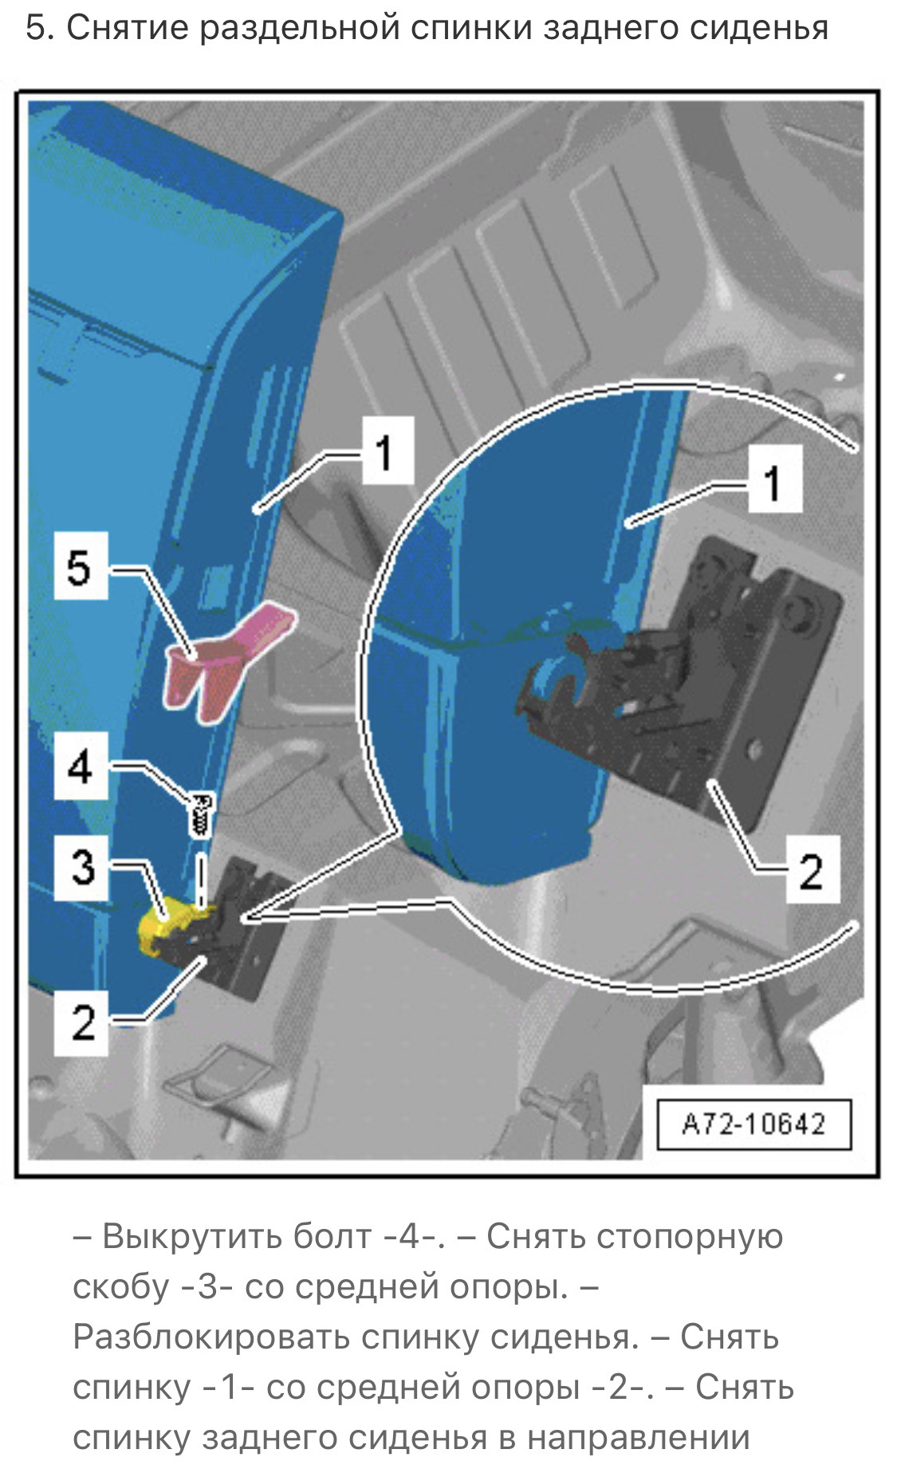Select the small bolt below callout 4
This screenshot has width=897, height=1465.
tap(201, 813)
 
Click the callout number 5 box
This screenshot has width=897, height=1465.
tap(80, 568)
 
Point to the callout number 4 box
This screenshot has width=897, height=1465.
tap(81, 767)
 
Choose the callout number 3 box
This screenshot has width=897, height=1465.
tap(82, 866)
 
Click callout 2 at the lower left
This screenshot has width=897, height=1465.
tap(82, 1021)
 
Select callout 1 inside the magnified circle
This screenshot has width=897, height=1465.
tap(773, 483)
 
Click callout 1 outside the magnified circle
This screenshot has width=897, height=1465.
tap(386, 452)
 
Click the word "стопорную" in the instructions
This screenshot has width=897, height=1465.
tap(690, 1237)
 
